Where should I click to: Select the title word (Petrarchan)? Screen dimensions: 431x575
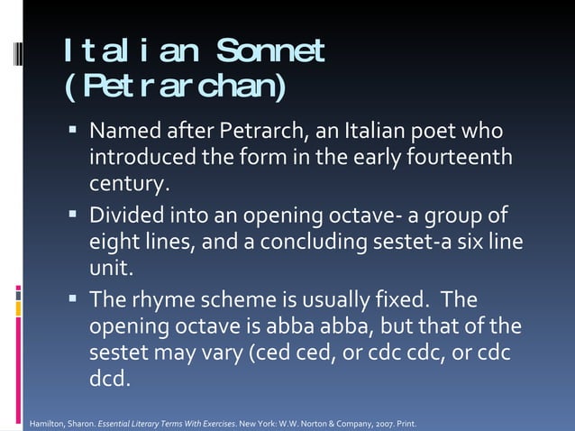pyautogui.click(x=175, y=88)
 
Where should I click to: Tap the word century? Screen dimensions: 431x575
pyautogui.click(x=128, y=186)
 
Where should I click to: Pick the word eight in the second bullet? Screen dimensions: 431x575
pyautogui.click(x=113, y=243)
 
